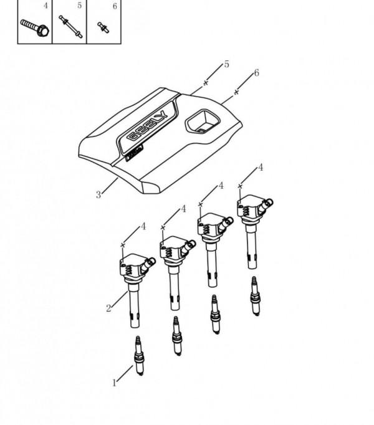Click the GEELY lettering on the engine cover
pyautogui.click(x=147, y=126)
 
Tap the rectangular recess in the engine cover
pyautogui.click(x=203, y=122)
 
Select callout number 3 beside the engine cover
pyautogui.click(x=98, y=194)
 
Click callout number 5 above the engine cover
pyautogui.click(x=226, y=64)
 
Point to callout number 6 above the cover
pyautogui.click(x=257, y=73)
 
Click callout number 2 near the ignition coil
pyautogui.click(x=108, y=308)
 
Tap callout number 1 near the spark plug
pyautogui.click(x=114, y=383)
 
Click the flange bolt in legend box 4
pyautogui.click(x=35, y=27)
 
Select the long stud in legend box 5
pyautogui.click(x=70, y=27)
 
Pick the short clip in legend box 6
pyautogui.click(x=103, y=27)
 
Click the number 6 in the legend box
pyautogui.click(x=115, y=6)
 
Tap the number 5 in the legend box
pyautogui.click(x=79, y=6)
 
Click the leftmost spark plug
pyautogui.click(x=139, y=356)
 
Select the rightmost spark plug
pyautogui.click(x=255, y=296)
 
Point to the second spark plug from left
pyautogui.click(x=177, y=336)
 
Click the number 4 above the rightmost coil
pyautogui.click(x=261, y=168)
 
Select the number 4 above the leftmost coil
pyautogui.click(x=143, y=226)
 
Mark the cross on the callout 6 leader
pyautogui.click(x=236, y=92)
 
